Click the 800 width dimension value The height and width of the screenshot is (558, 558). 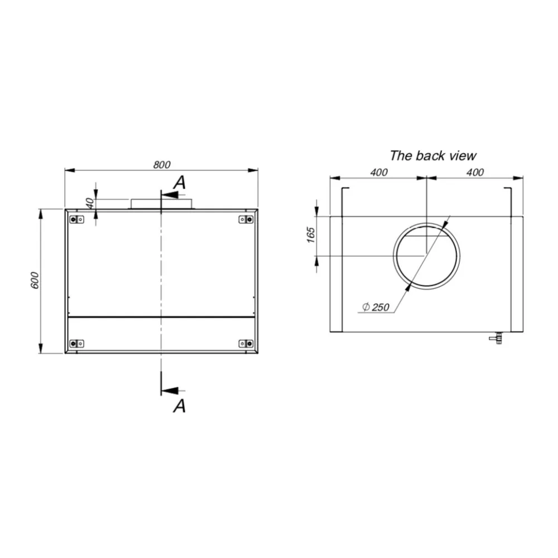pos(161,164)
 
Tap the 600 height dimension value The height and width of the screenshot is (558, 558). pos(35,280)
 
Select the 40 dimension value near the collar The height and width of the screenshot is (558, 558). pos(89,204)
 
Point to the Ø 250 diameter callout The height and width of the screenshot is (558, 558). pos(376,307)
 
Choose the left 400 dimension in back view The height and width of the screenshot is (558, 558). pos(378,172)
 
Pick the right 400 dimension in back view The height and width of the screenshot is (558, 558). pos(474,172)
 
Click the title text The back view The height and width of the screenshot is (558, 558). pos(433,156)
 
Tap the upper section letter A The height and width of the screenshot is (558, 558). pos(179,181)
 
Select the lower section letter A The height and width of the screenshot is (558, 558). pos(179,406)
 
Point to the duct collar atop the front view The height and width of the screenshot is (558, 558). pos(161,204)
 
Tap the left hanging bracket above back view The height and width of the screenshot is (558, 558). pos(344,202)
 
